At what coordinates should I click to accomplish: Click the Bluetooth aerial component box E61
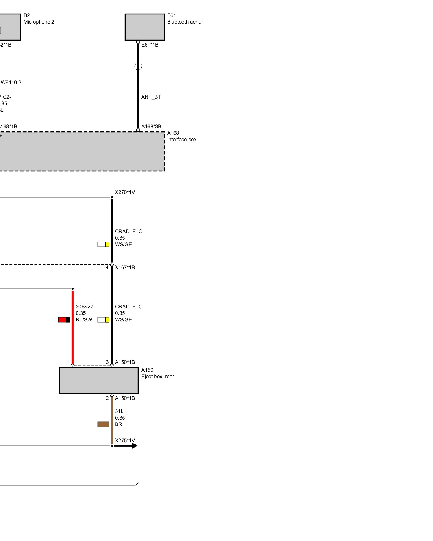[145, 27]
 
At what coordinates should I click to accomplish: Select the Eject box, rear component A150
[99, 380]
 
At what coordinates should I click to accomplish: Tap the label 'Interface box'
[182, 140]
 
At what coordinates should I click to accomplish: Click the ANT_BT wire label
[151, 97]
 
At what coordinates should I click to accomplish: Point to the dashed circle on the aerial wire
[138, 66]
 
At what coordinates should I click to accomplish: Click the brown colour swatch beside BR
[103, 424]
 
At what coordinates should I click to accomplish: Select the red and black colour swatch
[64, 320]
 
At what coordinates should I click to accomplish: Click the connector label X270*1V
[125, 192]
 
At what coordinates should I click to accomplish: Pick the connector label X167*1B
[125, 268]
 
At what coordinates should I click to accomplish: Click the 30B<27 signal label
[84, 307]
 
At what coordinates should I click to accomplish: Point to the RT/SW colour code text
[84, 320]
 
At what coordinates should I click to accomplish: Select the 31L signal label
[119, 411]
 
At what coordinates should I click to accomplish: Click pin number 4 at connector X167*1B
[107, 268]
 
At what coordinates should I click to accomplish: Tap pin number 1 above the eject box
[68, 362]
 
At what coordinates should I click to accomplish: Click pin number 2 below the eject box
[107, 398]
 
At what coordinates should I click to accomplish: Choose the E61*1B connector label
[150, 45]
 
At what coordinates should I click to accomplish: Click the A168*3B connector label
[151, 127]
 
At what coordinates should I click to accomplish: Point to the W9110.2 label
[11, 83]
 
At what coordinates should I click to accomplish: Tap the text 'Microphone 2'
[39, 22]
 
